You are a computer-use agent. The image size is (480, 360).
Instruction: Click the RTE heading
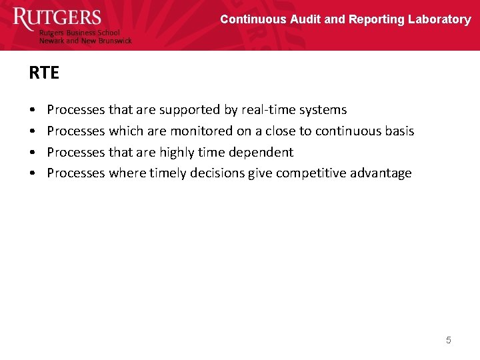[x=44, y=73]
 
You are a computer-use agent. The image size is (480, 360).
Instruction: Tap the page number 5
[x=448, y=340]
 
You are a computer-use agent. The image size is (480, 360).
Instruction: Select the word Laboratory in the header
[x=439, y=19]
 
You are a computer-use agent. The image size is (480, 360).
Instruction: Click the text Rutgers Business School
[x=79, y=33]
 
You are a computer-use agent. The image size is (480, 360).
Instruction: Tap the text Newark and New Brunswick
[x=85, y=41]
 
